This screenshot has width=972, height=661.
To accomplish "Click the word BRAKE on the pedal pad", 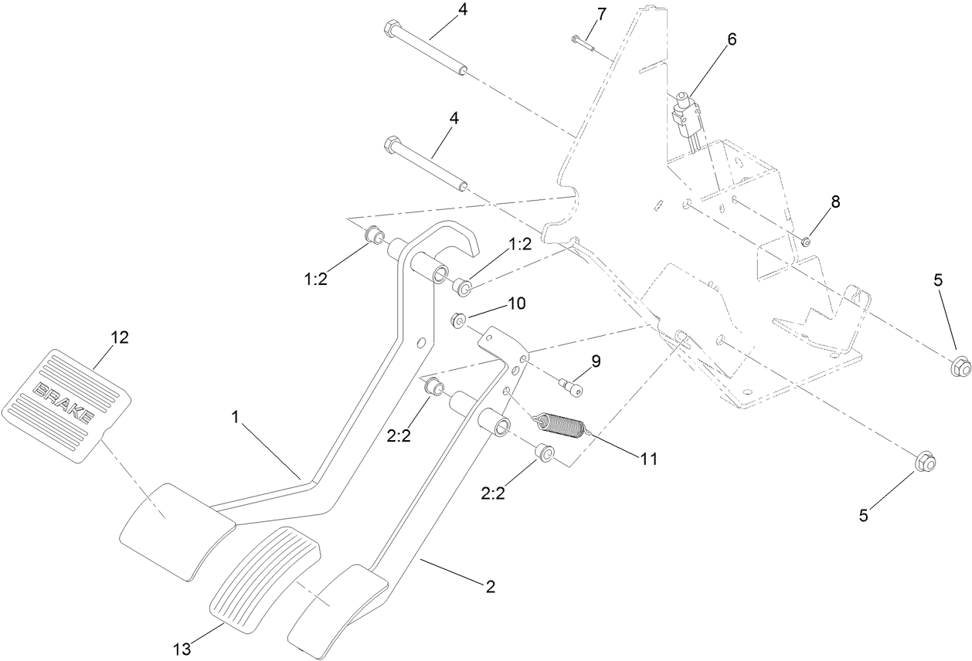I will pos(66,402).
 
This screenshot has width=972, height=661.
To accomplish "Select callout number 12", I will pos(119,337).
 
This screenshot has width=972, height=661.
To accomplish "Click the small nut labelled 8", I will pos(805,242).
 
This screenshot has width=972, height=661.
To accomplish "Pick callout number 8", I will pos(835,202).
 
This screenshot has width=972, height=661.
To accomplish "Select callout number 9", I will pos(596,361).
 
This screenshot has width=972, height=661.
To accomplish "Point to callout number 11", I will pos(648,458).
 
